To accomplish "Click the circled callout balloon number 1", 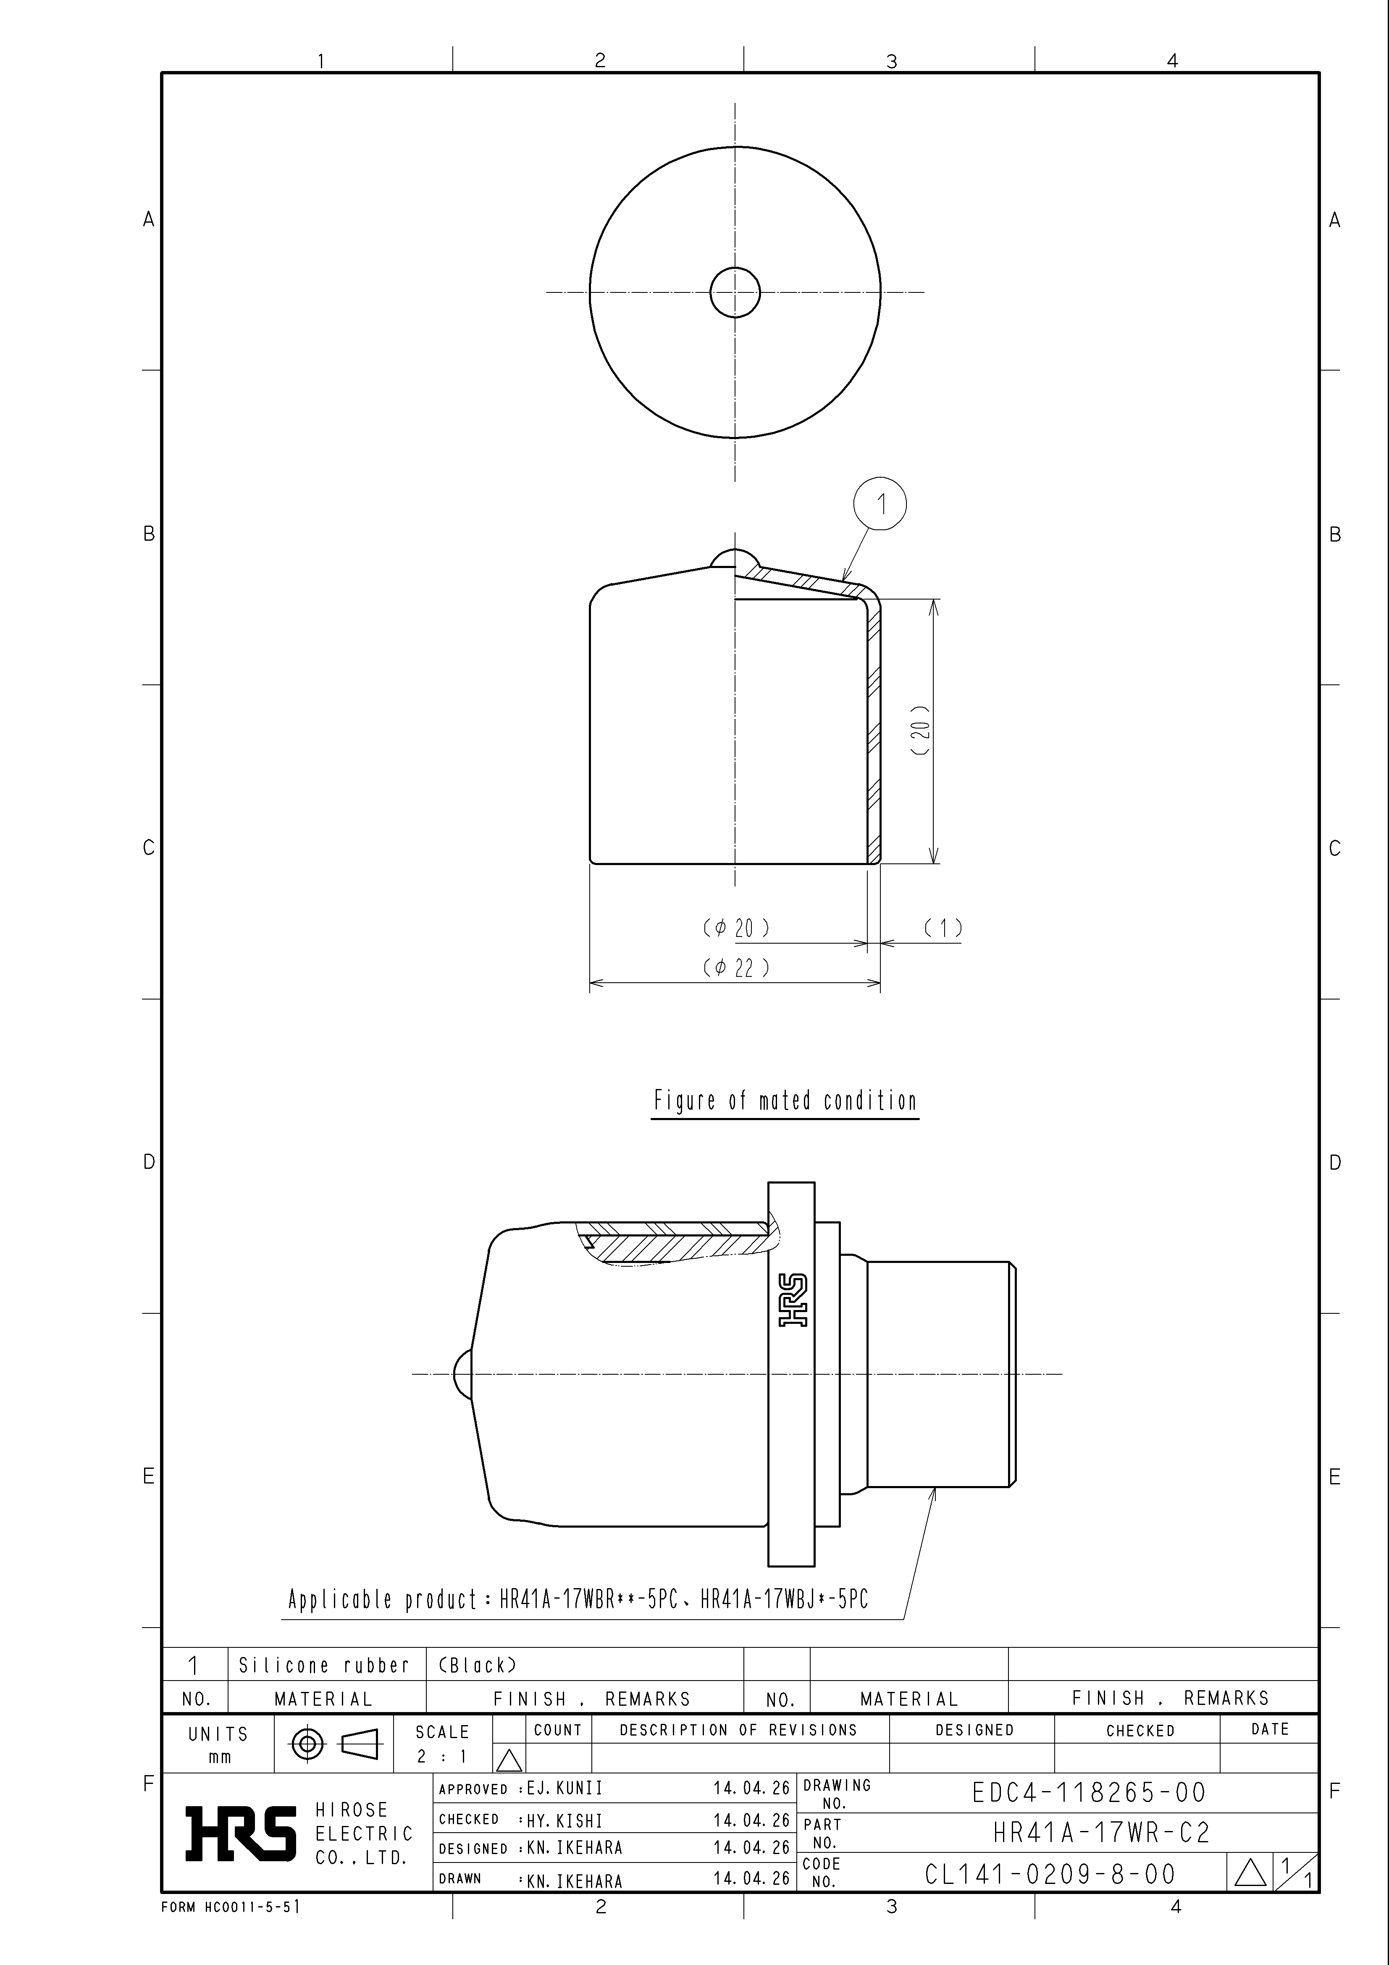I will pyautogui.click(x=880, y=504).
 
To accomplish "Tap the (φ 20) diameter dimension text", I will pyautogui.click(x=736, y=928).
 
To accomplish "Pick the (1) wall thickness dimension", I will pyautogui.click(x=943, y=928).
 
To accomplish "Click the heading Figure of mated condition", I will pyautogui.click(x=785, y=1101).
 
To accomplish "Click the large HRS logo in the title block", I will pyautogui.click(x=242, y=1833).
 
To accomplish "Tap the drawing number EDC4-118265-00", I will pyautogui.click(x=1089, y=1792).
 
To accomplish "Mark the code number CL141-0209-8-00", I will pyautogui.click(x=1050, y=1874).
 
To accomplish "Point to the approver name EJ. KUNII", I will pyautogui.click(x=565, y=1789).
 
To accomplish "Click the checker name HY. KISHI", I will pyautogui.click(x=565, y=1820).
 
